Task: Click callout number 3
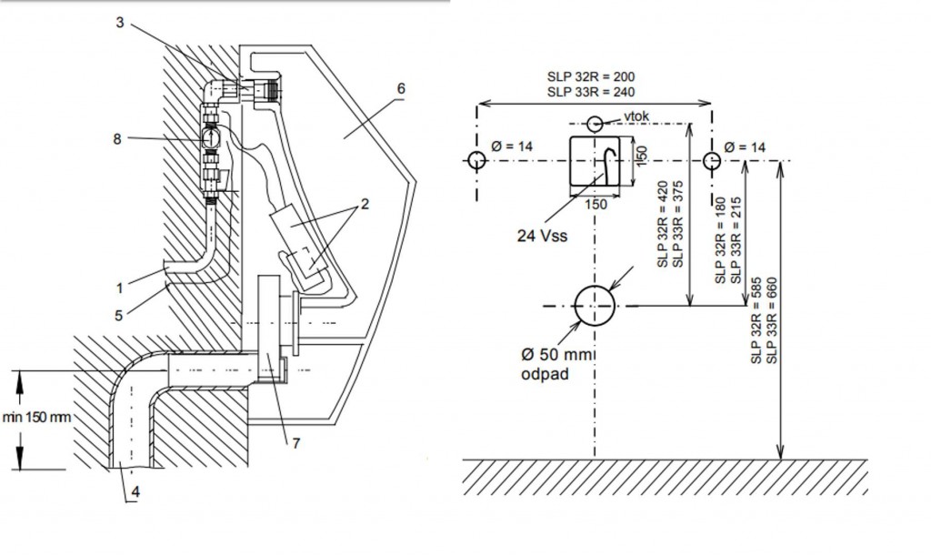(x=119, y=23)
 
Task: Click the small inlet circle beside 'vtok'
(x=595, y=123)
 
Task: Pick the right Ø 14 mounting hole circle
(x=712, y=161)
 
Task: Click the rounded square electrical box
(x=600, y=164)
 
